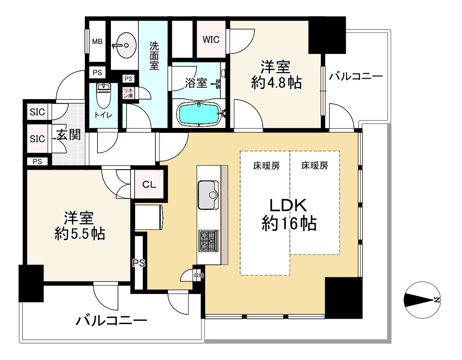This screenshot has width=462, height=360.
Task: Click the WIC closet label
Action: tap(211, 40)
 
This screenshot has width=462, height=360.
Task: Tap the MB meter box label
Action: tap(97, 42)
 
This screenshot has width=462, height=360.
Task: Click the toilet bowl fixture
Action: tap(103, 96)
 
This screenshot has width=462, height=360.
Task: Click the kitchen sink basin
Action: tap(208, 195)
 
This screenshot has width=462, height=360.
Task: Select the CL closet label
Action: tap(149, 185)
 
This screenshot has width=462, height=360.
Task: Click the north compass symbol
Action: tap(422, 300)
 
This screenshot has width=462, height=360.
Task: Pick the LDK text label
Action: tap(288, 205)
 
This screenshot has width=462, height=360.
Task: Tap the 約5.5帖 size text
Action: tap(80, 233)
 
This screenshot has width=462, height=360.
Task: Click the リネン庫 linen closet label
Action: tap(128, 93)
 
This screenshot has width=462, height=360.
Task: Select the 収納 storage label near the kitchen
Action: tap(199, 275)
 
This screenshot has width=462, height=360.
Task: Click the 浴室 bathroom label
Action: tap(196, 83)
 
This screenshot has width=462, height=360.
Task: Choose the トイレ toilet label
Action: tap(103, 115)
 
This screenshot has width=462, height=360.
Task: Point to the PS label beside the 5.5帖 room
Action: tap(139, 263)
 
